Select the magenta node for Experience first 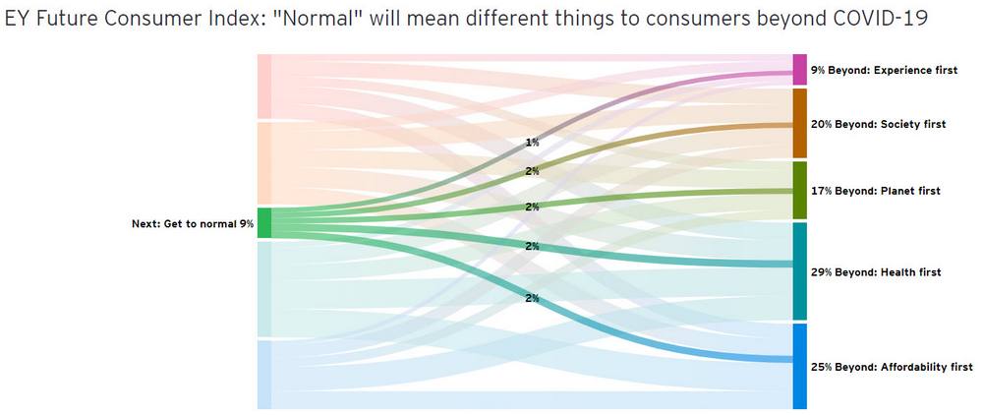[x=799, y=70]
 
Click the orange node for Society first [x=799, y=123]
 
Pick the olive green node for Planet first [x=799, y=190]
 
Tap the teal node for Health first [x=799, y=270]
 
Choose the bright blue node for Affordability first [x=799, y=366]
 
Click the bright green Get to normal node [x=264, y=223]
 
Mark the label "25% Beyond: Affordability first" [x=892, y=367]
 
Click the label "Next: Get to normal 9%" [x=193, y=224]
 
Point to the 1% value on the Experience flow [x=532, y=143]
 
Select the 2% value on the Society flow [x=532, y=171]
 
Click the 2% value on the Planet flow [x=532, y=207]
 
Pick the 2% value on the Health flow [x=532, y=246]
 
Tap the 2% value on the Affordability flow [x=532, y=298]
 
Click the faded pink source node [x=264, y=87]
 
